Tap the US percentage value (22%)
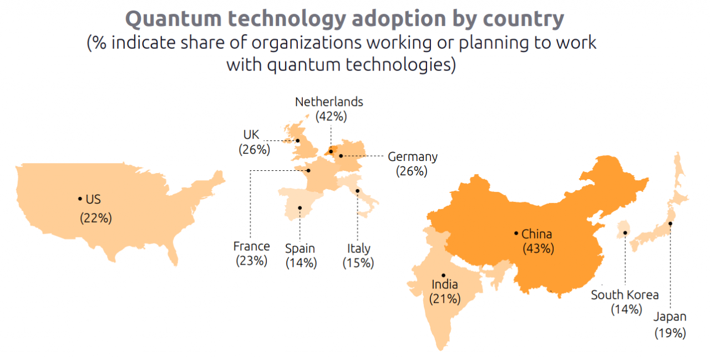(x=96, y=218)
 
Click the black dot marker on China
(x=516, y=234)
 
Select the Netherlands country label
(x=329, y=102)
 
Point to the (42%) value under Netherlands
(x=331, y=116)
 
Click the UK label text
(x=251, y=135)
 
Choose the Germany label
(x=412, y=157)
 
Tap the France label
(x=251, y=246)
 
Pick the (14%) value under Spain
(x=301, y=263)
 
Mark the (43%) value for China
(x=538, y=249)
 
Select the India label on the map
(x=445, y=285)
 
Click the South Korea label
(x=625, y=295)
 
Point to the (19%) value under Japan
(x=670, y=333)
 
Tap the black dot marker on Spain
(x=300, y=208)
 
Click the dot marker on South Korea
(x=625, y=233)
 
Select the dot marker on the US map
(x=80, y=199)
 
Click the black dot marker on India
(x=443, y=275)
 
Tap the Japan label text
(x=670, y=317)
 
